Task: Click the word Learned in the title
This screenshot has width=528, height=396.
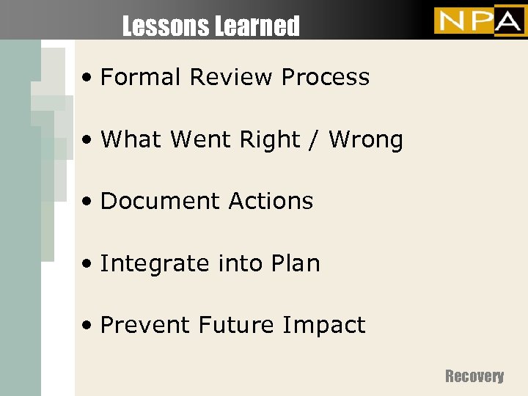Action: pos(257,27)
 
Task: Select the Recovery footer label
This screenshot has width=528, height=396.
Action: pos(474,376)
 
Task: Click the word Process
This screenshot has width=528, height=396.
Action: pos(326,77)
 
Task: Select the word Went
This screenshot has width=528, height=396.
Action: pos(202,139)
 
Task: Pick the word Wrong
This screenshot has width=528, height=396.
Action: pos(366,139)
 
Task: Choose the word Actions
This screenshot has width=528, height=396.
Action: pos(271,201)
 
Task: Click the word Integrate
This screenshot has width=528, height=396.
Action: pos(150,263)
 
